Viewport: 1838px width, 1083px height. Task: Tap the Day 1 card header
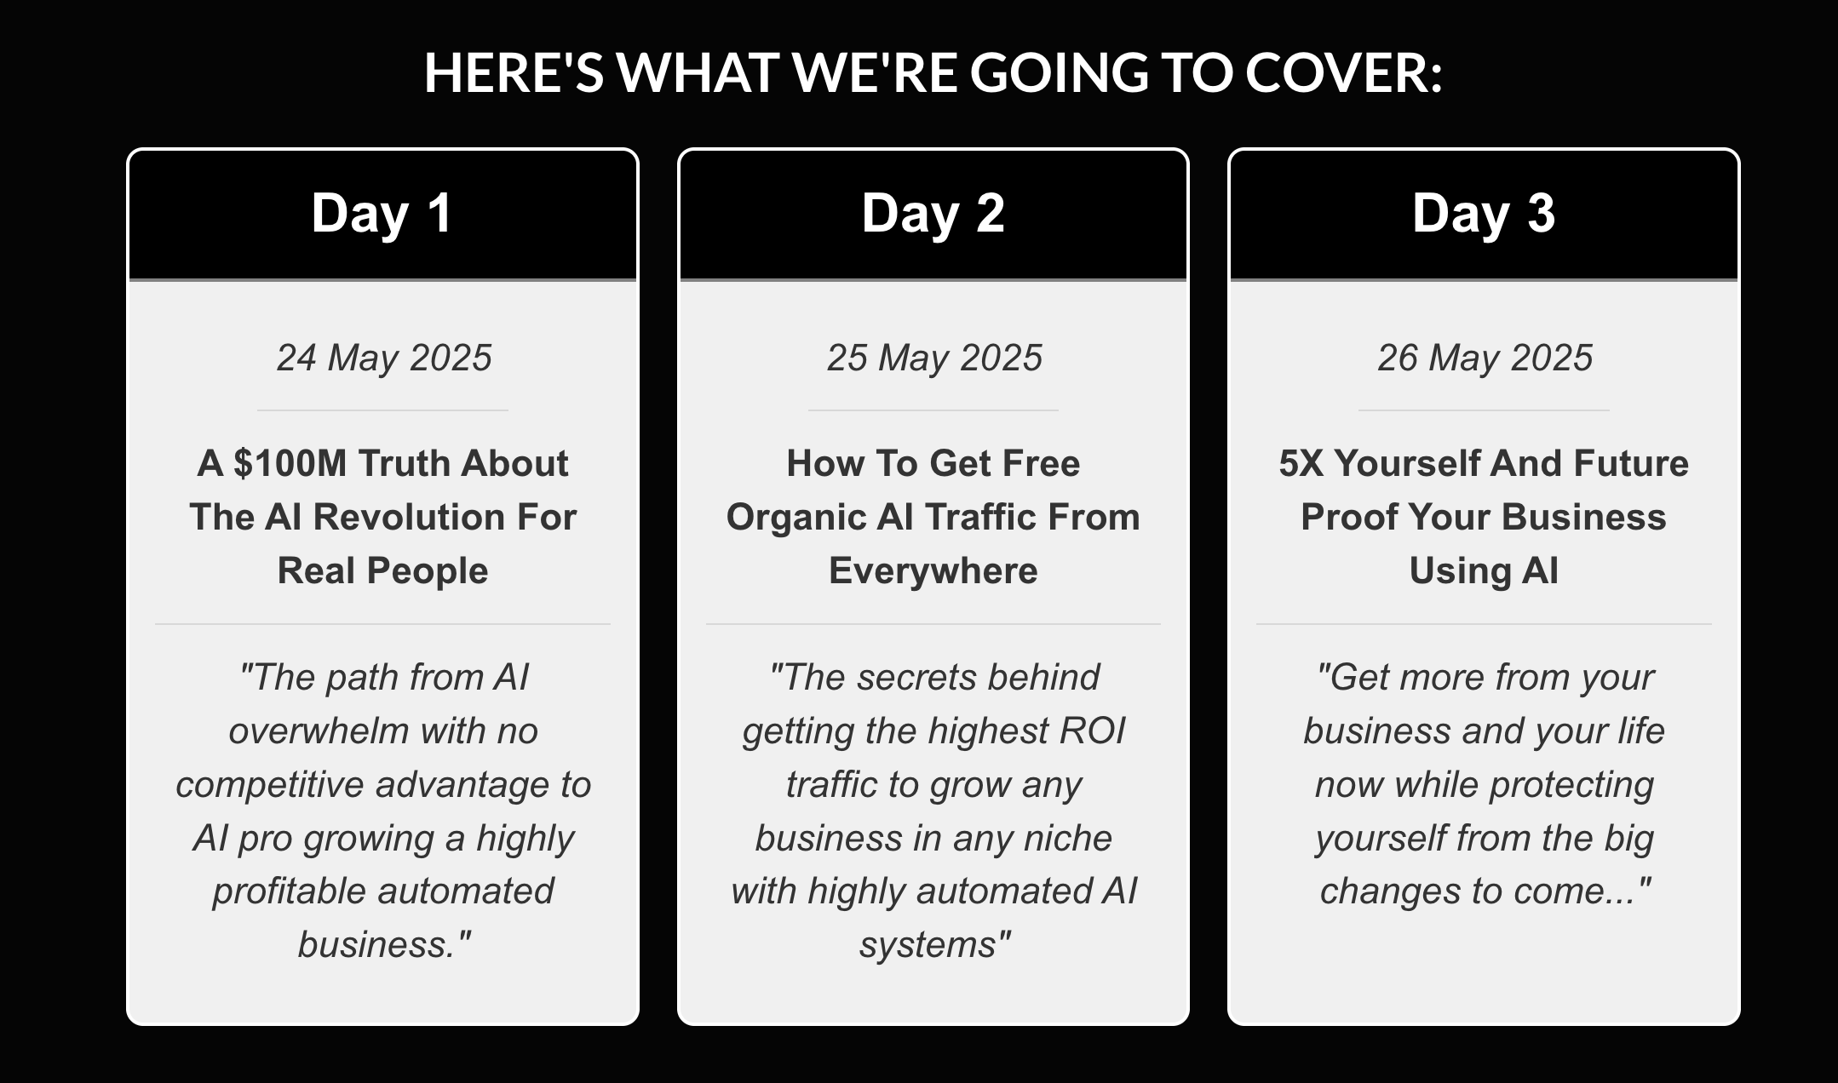382,214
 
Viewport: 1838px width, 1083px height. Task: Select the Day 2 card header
933,214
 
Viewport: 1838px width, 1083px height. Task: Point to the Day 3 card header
1484,214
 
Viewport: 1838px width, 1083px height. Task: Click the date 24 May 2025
384,358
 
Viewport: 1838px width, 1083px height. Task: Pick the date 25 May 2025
934,358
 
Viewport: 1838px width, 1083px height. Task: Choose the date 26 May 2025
1485,358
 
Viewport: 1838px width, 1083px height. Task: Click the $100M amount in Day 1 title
290,464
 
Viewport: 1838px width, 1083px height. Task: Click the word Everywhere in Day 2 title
933,571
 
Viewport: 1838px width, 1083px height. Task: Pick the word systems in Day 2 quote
928,946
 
